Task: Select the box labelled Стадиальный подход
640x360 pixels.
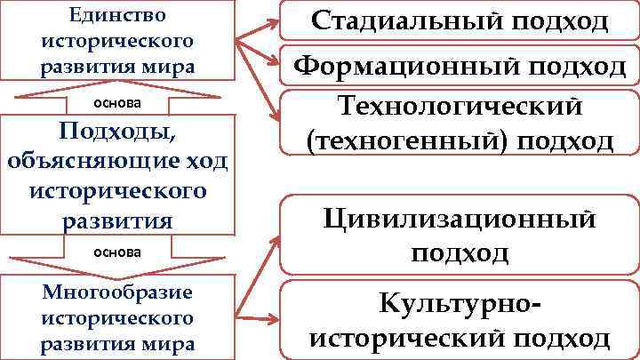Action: tap(460, 21)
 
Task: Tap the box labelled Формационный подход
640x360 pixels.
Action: tap(460, 65)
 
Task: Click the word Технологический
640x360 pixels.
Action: tap(460, 107)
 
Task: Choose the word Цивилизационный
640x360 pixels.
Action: tap(460, 218)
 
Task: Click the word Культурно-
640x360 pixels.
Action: tap(460, 304)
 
